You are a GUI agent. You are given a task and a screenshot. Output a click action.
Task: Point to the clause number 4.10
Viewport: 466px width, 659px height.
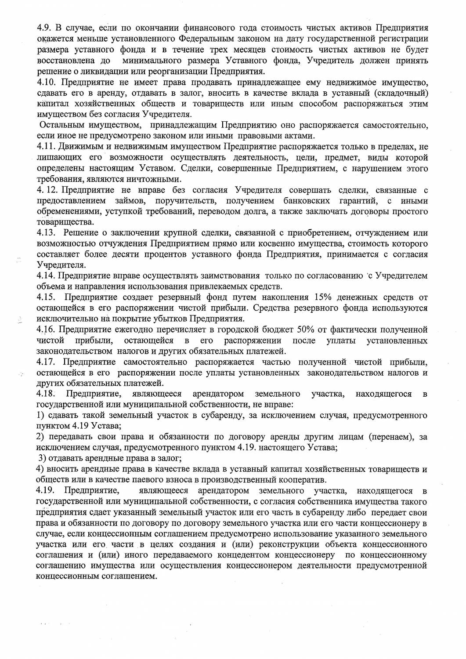pos(46,82)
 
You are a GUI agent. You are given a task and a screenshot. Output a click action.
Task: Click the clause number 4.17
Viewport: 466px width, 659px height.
pos(46,362)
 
